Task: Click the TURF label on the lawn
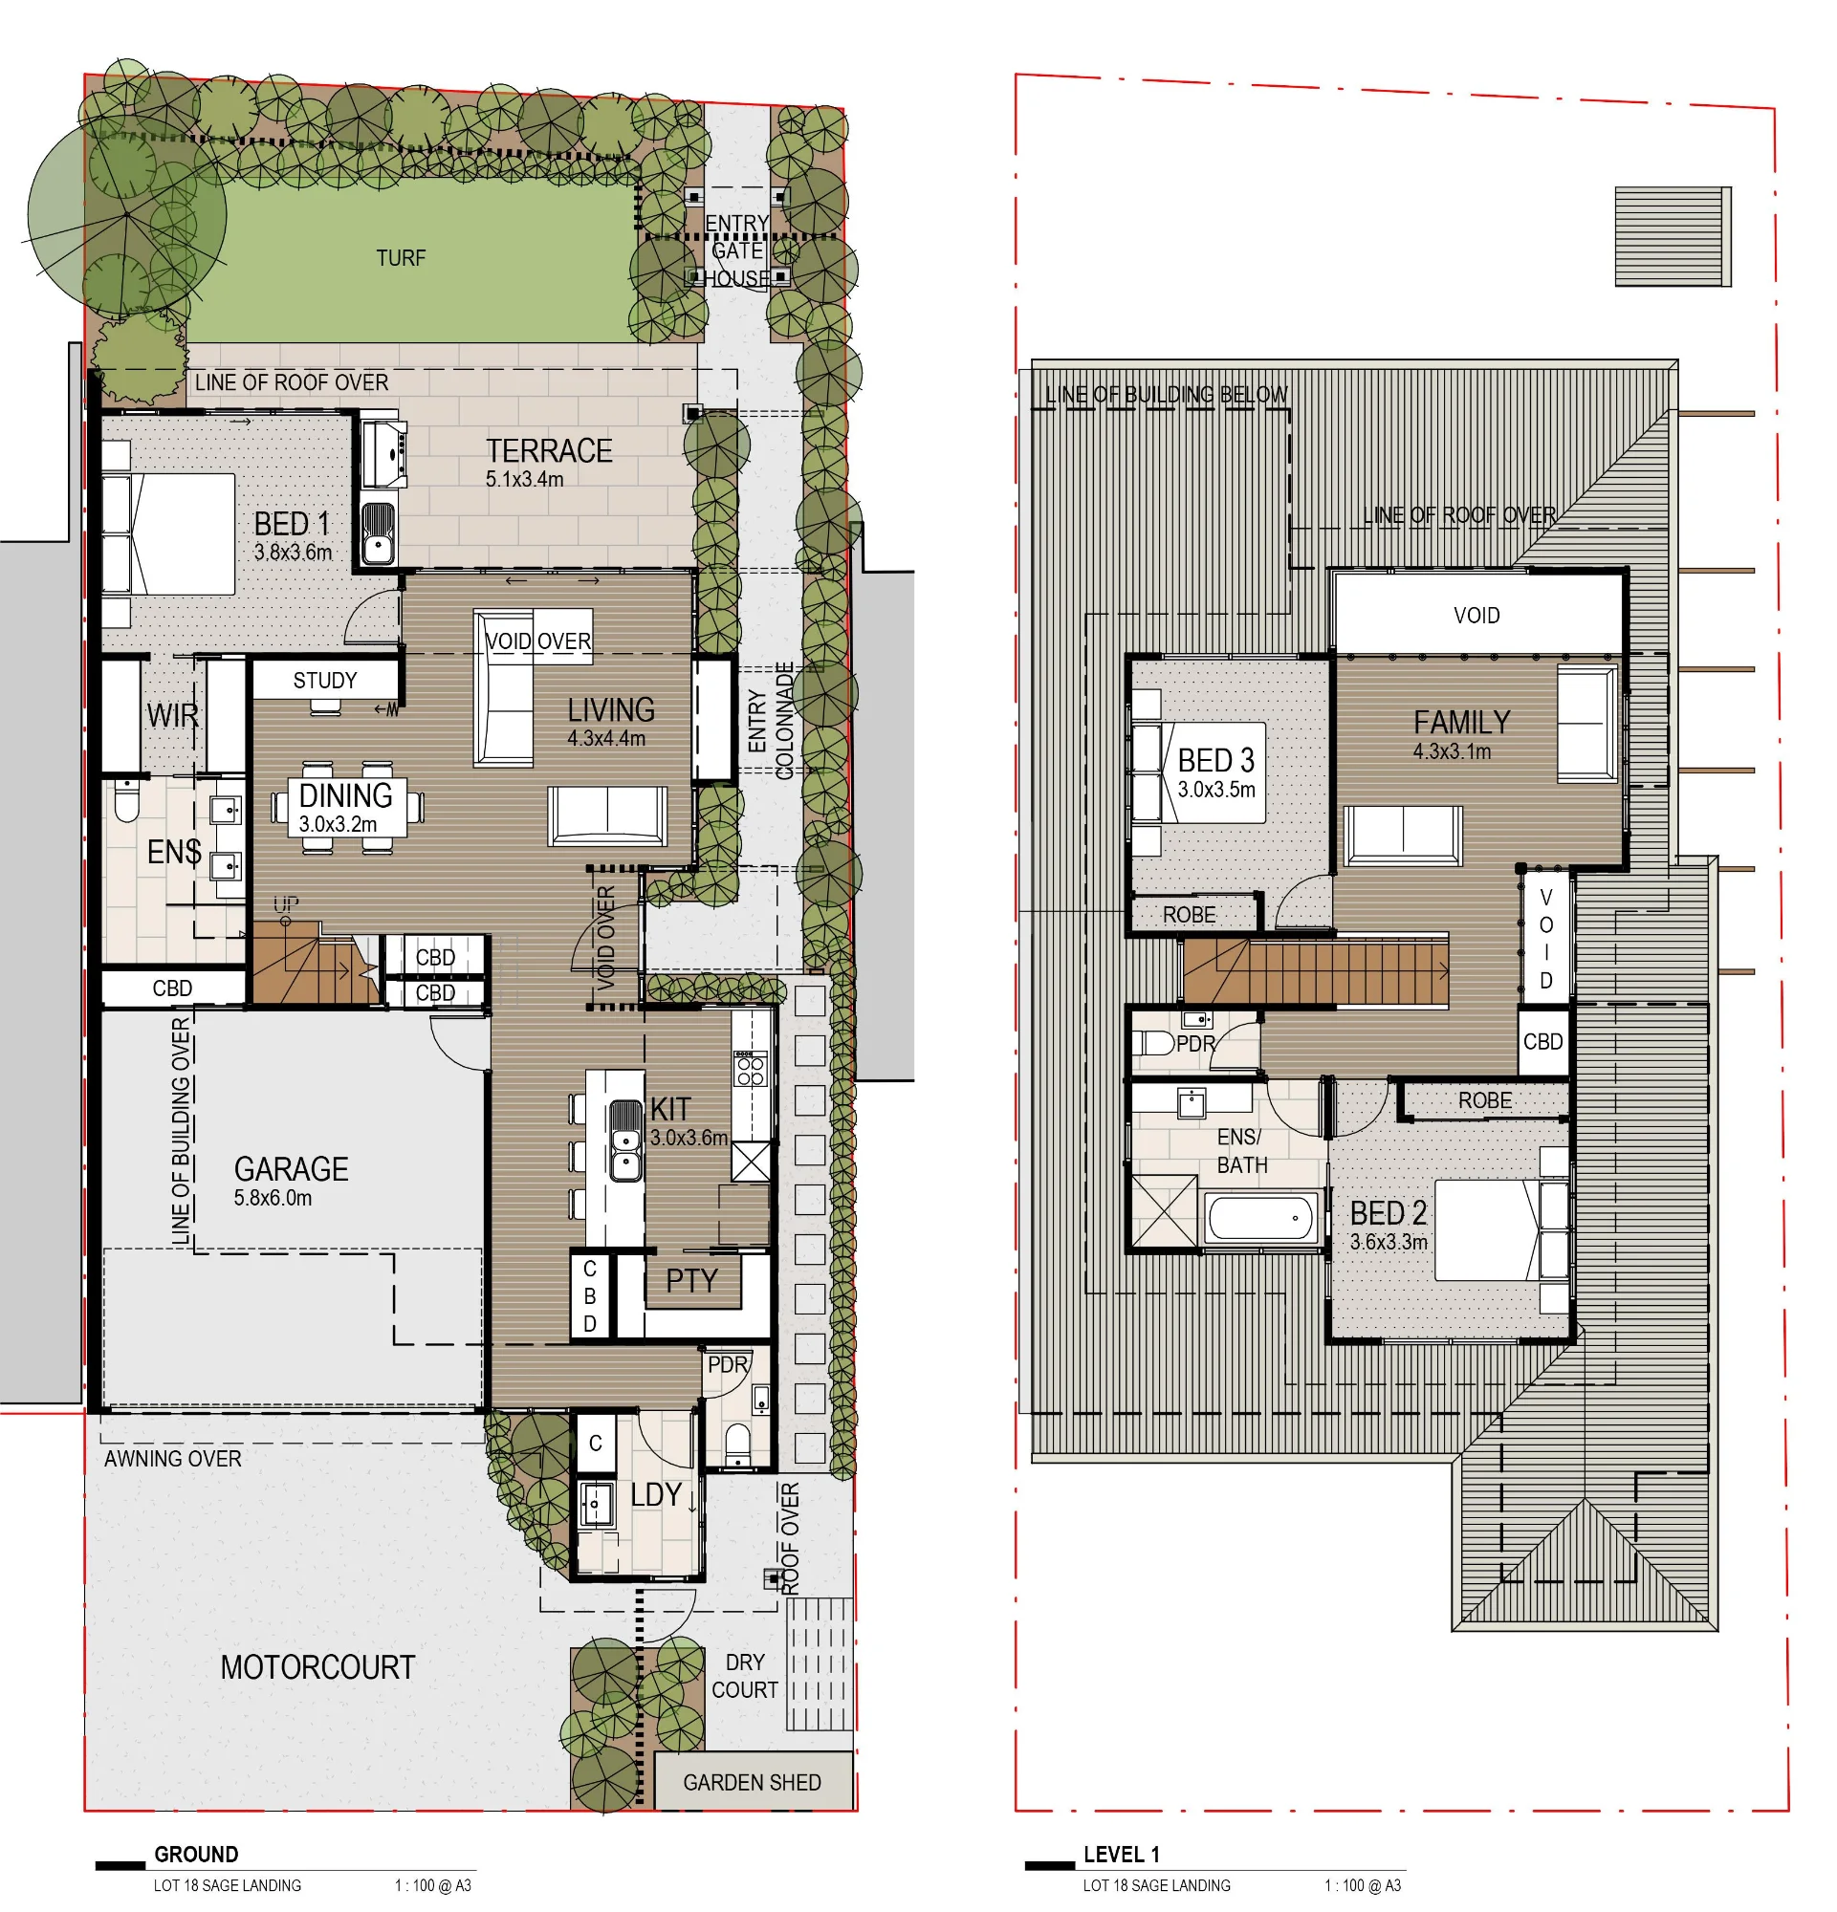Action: click(x=401, y=258)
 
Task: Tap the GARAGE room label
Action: click(x=291, y=1168)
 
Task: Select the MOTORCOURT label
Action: click(x=317, y=1667)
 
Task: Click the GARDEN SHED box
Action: click(x=753, y=1781)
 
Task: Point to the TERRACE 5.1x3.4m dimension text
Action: click(x=525, y=479)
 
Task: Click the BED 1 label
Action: click(x=292, y=523)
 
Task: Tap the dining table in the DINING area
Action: click(x=347, y=807)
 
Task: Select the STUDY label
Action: click(x=325, y=681)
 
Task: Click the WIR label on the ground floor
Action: click(x=173, y=715)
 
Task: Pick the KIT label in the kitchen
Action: click(x=670, y=1109)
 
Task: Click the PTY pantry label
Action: click(x=691, y=1280)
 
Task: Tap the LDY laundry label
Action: click(x=656, y=1493)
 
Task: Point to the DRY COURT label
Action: click(x=744, y=1676)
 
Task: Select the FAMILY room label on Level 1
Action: click(x=1461, y=722)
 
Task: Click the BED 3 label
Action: click(x=1215, y=760)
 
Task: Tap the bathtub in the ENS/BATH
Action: click(x=1260, y=1218)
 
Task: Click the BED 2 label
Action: click(x=1389, y=1212)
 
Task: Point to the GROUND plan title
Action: click(x=196, y=1855)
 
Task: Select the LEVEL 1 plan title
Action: click(x=1122, y=1855)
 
